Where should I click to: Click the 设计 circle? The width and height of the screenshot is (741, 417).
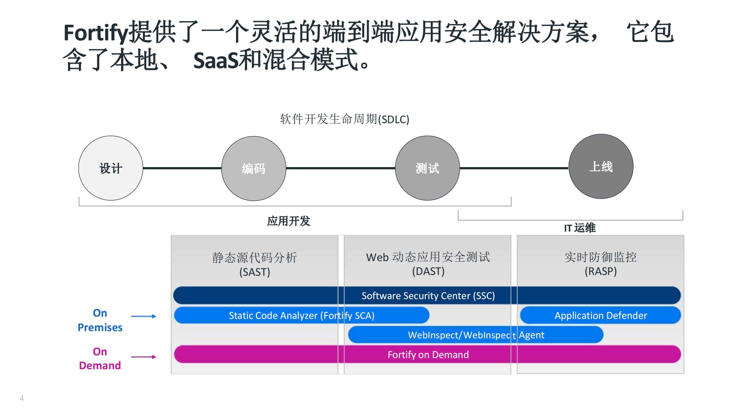click(111, 168)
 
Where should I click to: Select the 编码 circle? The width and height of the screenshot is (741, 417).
click(253, 168)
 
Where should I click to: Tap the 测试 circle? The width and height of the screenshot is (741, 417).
click(427, 168)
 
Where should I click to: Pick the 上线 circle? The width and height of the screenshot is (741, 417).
click(601, 166)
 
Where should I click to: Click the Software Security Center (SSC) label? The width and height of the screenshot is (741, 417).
click(428, 296)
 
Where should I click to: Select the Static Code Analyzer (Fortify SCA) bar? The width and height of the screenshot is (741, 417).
click(301, 315)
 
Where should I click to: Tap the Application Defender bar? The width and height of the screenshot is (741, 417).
click(600, 315)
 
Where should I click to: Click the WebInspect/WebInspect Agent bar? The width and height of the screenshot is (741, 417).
click(476, 335)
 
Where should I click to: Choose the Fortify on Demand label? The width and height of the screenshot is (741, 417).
click(428, 354)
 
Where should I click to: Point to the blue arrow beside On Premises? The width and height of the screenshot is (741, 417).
click(144, 316)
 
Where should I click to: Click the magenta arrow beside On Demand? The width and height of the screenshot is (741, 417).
click(144, 357)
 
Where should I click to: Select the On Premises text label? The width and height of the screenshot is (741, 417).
click(100, 320)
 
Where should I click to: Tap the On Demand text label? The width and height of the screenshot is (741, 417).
click(100, 358)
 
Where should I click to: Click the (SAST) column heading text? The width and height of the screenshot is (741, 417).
click(255, 272)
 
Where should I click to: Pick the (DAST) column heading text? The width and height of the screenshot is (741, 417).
click(428, 271)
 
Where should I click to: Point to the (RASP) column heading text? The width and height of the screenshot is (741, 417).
click(601, 271)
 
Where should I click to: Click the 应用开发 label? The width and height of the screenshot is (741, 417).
click(288, 221)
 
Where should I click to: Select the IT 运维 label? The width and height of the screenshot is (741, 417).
click(580, 228)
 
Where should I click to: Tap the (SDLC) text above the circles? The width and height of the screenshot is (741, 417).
click(393, 119)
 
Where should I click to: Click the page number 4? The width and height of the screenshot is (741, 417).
click(22, 398)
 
